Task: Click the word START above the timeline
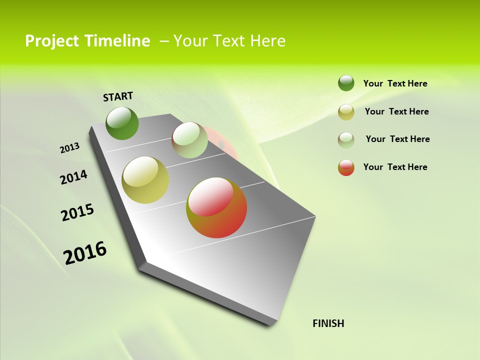click(x=118, y=96)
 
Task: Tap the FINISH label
click(x=328, y=323)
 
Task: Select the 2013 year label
click(x=69, y=148)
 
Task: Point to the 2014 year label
click(x=73, y=177)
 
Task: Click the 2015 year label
click(x=77, y=212)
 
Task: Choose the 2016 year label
click(x=85, y=252)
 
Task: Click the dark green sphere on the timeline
click(x=122, y=123)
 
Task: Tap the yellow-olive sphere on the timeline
click(x=145, y=180)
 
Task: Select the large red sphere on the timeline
click(x=216, y=207)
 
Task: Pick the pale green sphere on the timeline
click(x=189, y=140)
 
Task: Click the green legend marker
click(x=346, y=83)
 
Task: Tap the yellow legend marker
click(x=346, y=112)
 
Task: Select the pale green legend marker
click(x=346, y=139)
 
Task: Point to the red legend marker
click(x=346, y=167)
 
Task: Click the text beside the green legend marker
click(x=395, y=83)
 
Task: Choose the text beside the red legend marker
click(x=395, y=167)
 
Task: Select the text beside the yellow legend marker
click(x=396, y=111)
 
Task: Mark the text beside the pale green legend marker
click(x=397, y=139)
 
